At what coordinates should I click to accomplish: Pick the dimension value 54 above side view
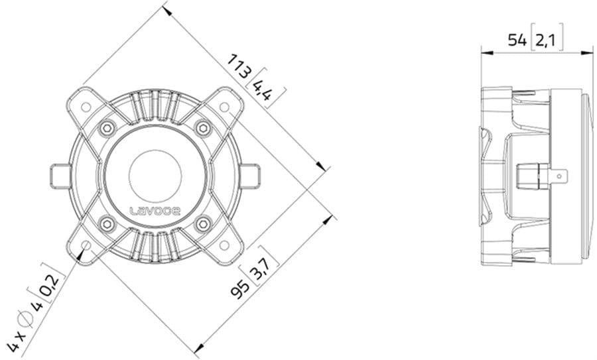pyautogui.click(x=517, y=40)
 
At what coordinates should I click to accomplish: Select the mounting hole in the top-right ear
pyautogui.click(x=224, y=106)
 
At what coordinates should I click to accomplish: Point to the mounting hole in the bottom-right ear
pyautogui.click(x=224, y=245)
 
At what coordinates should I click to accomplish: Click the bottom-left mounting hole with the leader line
pyautogui.click(x=86, y=245)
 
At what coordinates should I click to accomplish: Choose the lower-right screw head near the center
pyautogui.click(x=202, y=223)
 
